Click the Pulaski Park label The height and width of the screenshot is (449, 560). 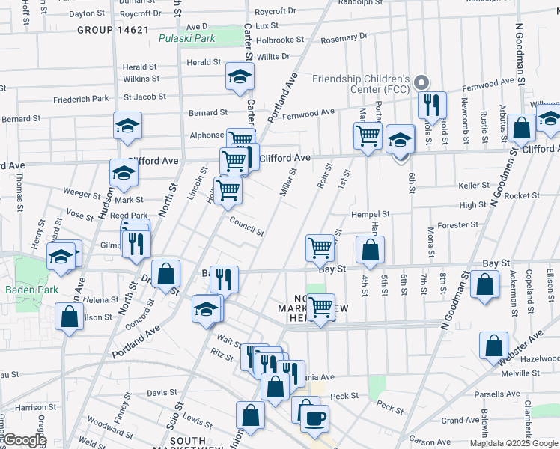186,38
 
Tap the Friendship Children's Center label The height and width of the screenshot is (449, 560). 361,84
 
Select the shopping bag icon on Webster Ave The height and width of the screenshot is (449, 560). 494,346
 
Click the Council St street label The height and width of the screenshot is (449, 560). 246,226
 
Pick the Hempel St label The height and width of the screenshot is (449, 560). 371,215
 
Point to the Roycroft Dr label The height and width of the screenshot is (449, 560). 276,11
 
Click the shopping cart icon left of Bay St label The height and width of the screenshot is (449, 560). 320,248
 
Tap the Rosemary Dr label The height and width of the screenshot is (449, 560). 344,37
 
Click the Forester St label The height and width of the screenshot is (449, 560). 457,224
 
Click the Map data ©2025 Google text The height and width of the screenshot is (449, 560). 513,443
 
